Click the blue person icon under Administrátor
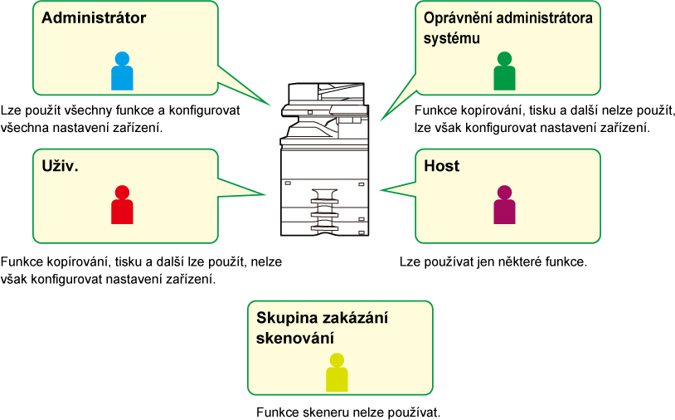[x=122, y=71]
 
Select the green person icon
[x=504, y=71]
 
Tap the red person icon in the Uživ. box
[x=122, y=205]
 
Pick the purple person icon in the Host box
[x=504, y=205]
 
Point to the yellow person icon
[x=337, y=372]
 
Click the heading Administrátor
[x=94, y=17]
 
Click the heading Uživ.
[x=61, y=166]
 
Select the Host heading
[x=442, y=166]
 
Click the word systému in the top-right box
[x=452, y=38]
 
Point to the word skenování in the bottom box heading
[x=295, y=338]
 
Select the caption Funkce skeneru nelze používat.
[x=348, y=413]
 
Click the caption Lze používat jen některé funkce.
[x=493, y=261]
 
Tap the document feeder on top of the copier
[x=327, y=91]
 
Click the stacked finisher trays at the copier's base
[x=324, y=211]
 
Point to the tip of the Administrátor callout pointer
[x=270, y=105]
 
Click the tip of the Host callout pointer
[x=380, y=190]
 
